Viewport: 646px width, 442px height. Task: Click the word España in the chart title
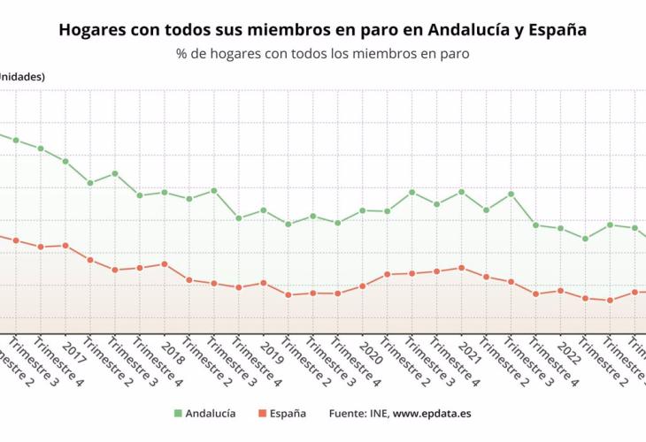(556, 29)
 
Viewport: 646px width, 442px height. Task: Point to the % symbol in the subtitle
(182, 54)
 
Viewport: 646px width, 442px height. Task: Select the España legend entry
(283, 413)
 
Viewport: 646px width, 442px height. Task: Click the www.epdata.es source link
(431, 413)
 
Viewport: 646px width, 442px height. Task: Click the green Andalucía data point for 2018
(165, 192)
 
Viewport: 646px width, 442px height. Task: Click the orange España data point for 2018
(165, 264)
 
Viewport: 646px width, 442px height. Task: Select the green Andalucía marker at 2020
(363, 210)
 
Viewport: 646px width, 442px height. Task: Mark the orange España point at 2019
(264, 283)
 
